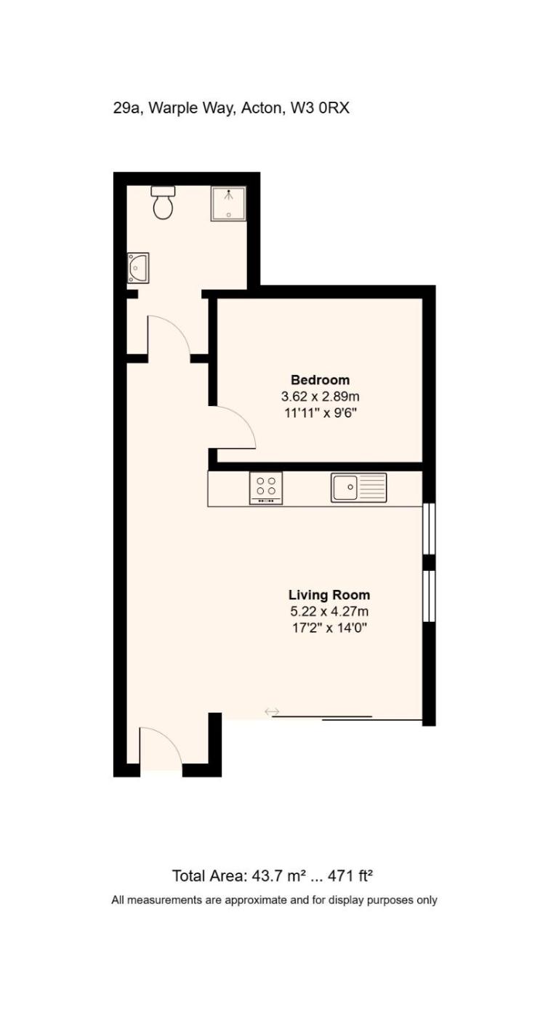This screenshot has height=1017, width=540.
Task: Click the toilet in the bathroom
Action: click(x=163, y=203)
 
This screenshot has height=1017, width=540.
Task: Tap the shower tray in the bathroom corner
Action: click(x=228, y=204)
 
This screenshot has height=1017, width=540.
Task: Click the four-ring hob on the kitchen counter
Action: click(x=266, y=487)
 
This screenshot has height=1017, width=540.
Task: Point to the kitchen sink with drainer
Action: click(x=359, y=487)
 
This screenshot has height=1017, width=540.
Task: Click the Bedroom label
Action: click(x=321, y=379)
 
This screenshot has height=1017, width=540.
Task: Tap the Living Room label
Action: click(x=329, y=595)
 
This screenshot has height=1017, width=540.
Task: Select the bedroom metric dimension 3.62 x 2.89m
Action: click(x=321, y=397)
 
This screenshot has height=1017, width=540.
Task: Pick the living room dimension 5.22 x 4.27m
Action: click(x=329, y=611)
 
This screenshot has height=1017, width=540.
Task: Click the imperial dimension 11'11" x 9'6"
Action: click(x=321, y=413)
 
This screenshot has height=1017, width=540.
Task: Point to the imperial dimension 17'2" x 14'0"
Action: click(x=329, y=628)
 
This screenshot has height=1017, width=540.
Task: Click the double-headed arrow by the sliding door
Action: click(x=272, y=711)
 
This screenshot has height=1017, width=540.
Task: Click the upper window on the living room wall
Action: click(x=429, y=529)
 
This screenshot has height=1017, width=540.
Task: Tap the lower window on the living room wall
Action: click(x=429, y=596)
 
